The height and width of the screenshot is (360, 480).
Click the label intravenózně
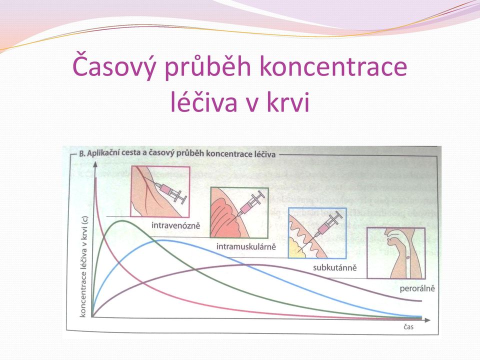coord(175,225)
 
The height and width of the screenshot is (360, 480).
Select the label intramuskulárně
coord(246,246)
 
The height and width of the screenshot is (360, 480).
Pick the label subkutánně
coord(335,267)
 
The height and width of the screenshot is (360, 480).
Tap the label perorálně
coord(417,288)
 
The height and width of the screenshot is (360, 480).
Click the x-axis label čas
coord(408,327)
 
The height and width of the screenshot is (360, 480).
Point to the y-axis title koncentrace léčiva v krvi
coord(83,266)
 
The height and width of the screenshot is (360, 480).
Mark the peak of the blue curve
coord(162,240)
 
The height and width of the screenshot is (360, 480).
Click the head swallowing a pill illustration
coord(396,253)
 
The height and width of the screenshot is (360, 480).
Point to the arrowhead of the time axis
coord(427,320)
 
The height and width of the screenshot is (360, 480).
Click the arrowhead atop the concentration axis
coord(95,164)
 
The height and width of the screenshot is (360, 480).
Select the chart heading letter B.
coord(81,153)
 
